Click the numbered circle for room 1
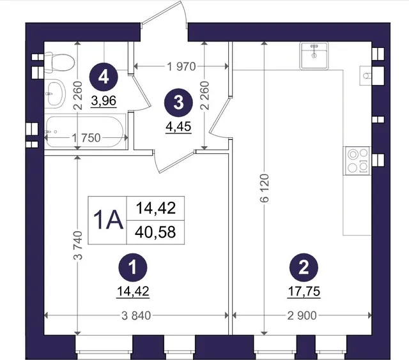[x=133, y=267]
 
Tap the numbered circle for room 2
[x=304, y=267]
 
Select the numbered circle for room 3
[x=178, y=103]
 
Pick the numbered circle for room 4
[x=104, y=77]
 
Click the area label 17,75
[x=304, y=291]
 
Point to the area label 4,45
[x=178, y=126]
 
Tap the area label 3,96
[x=104, y=101]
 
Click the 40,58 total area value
[x=155, y=232]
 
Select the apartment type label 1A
[x=108, y=220]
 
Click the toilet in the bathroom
[x=59, y=62]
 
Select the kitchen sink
[x=314, y=56]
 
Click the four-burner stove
[x=358, y=161]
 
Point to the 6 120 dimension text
[x=264, y=188]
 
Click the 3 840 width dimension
[x=136, y=316]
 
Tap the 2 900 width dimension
[x=302, y=316]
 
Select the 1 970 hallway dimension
[x=181, y=66]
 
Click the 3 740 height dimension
[x=78, y=245]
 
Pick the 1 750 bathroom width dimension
[x=86, y=138]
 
